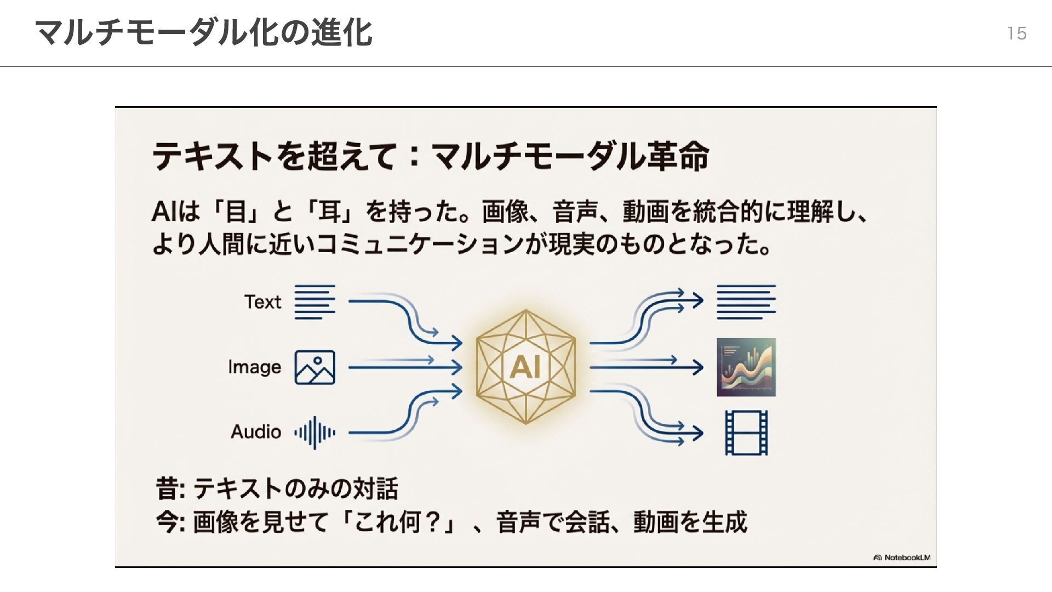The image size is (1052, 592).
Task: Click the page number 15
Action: point(1016,33)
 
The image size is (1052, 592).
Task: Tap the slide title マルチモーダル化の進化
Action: point(203,32)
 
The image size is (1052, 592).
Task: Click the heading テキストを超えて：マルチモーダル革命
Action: point(430,156)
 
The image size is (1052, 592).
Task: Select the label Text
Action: point(262,302)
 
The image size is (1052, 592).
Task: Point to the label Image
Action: point(254,367)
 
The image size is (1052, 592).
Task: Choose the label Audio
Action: point(255,432)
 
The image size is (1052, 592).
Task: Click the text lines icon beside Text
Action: point(315,302)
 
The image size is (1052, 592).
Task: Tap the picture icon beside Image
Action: point(315,367)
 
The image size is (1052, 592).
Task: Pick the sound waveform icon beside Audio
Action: point(315,432)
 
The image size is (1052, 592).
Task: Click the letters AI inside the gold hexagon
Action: point(525,367)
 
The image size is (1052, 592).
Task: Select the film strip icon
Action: point(746,432)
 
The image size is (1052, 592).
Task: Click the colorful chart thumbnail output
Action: point(746,367)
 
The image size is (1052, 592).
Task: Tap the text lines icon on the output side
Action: point(746,302)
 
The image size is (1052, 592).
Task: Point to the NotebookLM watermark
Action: point(902,557)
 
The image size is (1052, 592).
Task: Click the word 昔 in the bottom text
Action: point(167,488)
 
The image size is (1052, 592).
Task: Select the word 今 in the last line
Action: point(167,522)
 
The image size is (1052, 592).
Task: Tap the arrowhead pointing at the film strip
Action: point(697,433)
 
